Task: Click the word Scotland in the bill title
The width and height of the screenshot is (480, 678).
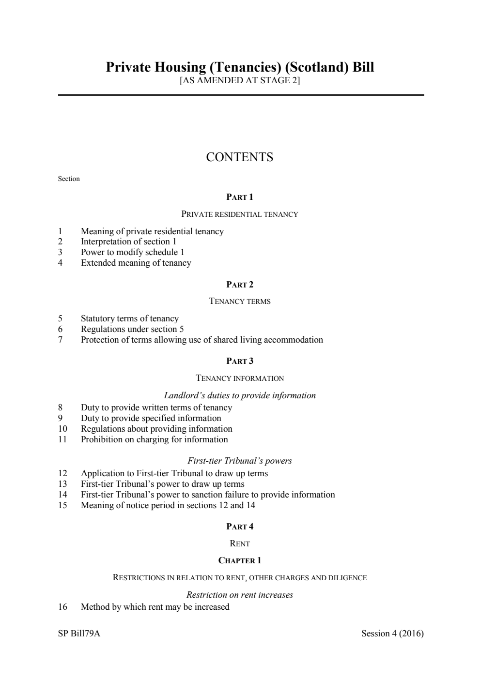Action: (x=317, y=67)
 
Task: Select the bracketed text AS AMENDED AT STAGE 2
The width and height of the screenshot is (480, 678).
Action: (x=240, y=80)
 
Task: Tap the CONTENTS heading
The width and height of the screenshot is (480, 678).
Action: (x=240, y=157)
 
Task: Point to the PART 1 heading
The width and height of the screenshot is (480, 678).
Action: (x=240, y=197)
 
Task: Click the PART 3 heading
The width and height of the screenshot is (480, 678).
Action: (x=240, y=361)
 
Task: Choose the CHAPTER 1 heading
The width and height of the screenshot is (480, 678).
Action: (x=240, y=560)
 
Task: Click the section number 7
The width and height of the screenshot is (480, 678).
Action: (x=60, y=340)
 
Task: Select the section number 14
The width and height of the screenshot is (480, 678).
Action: (x=62, y=495)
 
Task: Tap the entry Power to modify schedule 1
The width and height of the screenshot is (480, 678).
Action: (x=132, y=252)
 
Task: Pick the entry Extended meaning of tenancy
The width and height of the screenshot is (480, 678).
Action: (x=136, y=263)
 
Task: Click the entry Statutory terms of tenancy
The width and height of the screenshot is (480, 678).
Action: (x=129, y=318)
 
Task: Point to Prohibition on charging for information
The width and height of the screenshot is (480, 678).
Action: (x=154, y=439)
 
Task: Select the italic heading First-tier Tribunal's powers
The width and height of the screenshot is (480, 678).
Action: (x=240, y=461)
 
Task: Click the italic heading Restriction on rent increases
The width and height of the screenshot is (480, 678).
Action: (x=240, y=595)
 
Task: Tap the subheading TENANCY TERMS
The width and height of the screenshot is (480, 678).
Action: (x=240, y=301)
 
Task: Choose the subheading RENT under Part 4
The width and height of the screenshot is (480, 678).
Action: (x=240, y=543)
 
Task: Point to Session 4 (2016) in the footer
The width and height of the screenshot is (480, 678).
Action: (x=392, y=633)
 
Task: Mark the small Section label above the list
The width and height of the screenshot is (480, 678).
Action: (x=69, y=179)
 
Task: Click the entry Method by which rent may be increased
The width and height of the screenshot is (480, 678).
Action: (x=155, y=607)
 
